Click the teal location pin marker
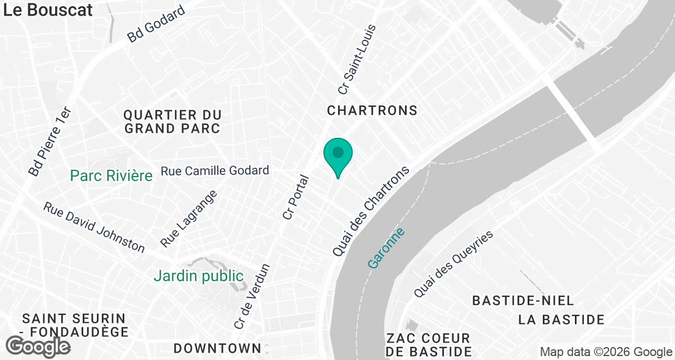pos(337,155)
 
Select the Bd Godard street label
pos(156,24)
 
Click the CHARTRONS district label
pos(372,111)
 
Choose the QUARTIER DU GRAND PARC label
pos(172,121)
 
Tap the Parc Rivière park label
pos(111,176)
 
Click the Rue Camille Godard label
pos(215,170)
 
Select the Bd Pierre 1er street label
pos(51,141)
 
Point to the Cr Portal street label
pos(296,197)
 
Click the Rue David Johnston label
pos(94,227)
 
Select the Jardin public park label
pos(199,276)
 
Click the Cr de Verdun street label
pos(251,296)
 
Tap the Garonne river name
pos(386,247)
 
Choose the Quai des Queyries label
pos(453,264)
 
